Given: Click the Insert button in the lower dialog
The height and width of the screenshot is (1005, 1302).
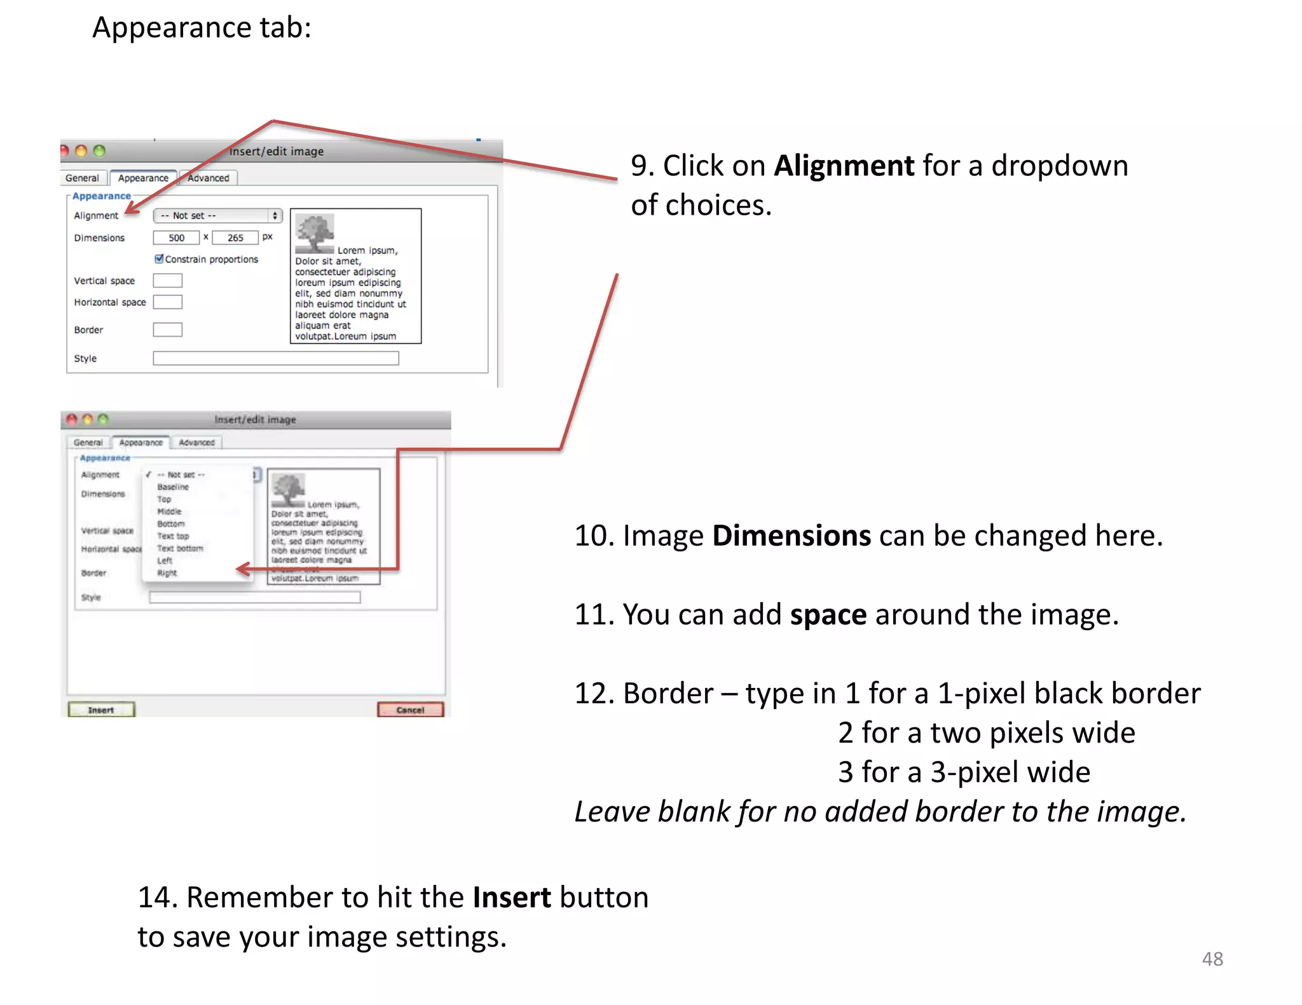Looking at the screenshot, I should point(101,710).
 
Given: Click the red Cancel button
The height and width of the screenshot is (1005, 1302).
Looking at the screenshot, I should point(410,710).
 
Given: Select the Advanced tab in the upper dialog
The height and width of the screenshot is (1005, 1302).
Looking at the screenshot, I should point(209,178).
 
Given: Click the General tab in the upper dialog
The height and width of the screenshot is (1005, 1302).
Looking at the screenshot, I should point(82,178).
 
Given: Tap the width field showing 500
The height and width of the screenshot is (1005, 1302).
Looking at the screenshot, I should point(176,238).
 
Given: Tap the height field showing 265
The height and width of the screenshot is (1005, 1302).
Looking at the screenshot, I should point(235,238).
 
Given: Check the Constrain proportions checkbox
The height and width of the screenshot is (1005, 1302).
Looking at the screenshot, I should point(159,259).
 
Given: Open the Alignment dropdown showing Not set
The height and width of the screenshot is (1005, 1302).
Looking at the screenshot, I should point(217,215).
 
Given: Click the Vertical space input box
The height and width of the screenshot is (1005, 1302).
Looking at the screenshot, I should point(168,280).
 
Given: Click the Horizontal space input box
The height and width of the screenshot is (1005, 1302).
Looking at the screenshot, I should point(168,302).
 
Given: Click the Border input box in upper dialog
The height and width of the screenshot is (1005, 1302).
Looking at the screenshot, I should point(168,329).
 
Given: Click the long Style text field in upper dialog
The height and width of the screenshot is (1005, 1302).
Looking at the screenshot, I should point(275,358).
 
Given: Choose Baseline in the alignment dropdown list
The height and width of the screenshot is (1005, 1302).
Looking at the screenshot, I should point(173,487).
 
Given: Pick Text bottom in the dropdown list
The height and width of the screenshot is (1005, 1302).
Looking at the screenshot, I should point(180,548).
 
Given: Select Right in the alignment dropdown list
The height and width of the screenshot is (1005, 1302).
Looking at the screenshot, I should point(167,573).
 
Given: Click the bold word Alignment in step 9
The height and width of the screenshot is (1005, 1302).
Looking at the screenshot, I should point(844,166).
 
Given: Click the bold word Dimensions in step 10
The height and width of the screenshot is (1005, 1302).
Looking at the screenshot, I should point(791,536).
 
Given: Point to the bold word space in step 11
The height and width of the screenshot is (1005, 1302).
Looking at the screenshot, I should point(828,614).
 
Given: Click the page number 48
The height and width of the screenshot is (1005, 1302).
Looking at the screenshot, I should point(1212,959).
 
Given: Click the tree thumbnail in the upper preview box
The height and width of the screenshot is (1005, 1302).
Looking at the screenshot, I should point(314,232).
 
